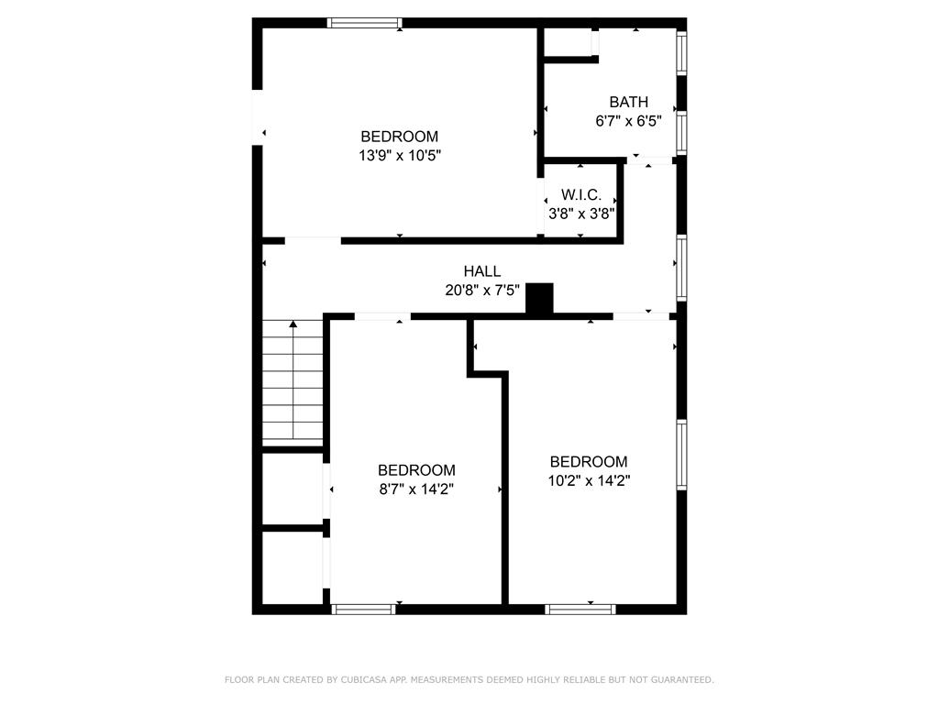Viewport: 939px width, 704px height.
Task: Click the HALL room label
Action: (481, 271)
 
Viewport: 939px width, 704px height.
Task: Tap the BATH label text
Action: (628, 102)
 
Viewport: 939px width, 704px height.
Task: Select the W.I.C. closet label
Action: (580, 195)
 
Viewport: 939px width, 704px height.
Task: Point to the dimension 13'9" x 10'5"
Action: (399, 156)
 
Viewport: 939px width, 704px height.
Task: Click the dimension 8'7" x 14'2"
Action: (416, 489)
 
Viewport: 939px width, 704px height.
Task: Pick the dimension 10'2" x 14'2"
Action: (589, 479)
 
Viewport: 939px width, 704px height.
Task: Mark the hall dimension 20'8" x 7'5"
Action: (481, 290)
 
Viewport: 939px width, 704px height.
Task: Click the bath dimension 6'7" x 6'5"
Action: (628, 120)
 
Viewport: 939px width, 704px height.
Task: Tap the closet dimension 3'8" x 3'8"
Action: (580, 213)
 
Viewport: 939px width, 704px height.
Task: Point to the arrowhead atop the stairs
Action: (293, 324)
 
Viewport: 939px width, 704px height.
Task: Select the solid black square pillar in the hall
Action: (540, 298)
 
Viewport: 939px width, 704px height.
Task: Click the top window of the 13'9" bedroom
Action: (365, 23)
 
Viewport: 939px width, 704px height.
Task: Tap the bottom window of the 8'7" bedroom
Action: (363, 609)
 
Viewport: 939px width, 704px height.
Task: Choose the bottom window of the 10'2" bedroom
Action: (580, 609)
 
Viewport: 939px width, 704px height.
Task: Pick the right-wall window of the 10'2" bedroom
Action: (681, 454)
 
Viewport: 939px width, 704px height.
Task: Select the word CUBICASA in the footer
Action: (363, 679)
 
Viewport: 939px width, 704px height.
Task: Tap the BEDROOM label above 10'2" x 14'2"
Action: (589, 462)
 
